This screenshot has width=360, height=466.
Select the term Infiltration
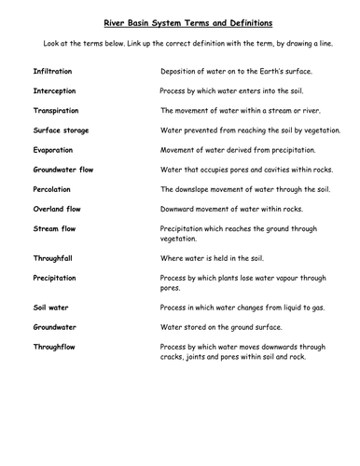point(53,71)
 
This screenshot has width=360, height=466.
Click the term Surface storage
point(61,130)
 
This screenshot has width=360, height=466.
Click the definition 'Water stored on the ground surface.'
point(222,326)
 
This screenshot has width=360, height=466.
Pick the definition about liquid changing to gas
point(239,307)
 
